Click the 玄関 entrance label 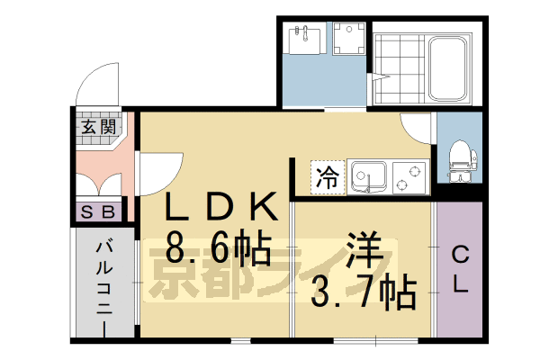coord(97,127)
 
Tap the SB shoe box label coord(98,212)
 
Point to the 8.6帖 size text coord(218,246)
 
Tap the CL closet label coord(459,269)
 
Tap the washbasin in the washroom coord(304,38)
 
